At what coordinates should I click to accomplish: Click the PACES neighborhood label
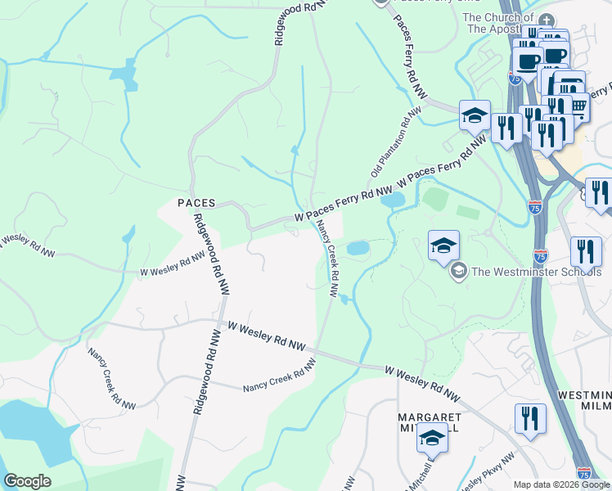pos(196,202)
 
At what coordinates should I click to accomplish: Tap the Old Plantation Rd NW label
pos(389,144)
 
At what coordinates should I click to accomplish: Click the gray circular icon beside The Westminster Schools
pos(459,270)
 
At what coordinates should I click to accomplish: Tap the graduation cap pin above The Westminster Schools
pos(443,245)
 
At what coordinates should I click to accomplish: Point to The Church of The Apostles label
pos(497,23)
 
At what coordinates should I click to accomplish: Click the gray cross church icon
pos(547,19)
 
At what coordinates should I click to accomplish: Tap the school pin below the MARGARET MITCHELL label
pos(432,440)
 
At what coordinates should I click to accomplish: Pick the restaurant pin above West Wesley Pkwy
pos(530,419)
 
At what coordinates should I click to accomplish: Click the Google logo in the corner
pos(27,481)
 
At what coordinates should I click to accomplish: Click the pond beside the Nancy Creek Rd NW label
pos(358,247)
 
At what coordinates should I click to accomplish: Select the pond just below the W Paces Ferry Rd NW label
pos(393,200)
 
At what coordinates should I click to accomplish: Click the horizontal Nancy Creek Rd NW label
pos(279,379)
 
